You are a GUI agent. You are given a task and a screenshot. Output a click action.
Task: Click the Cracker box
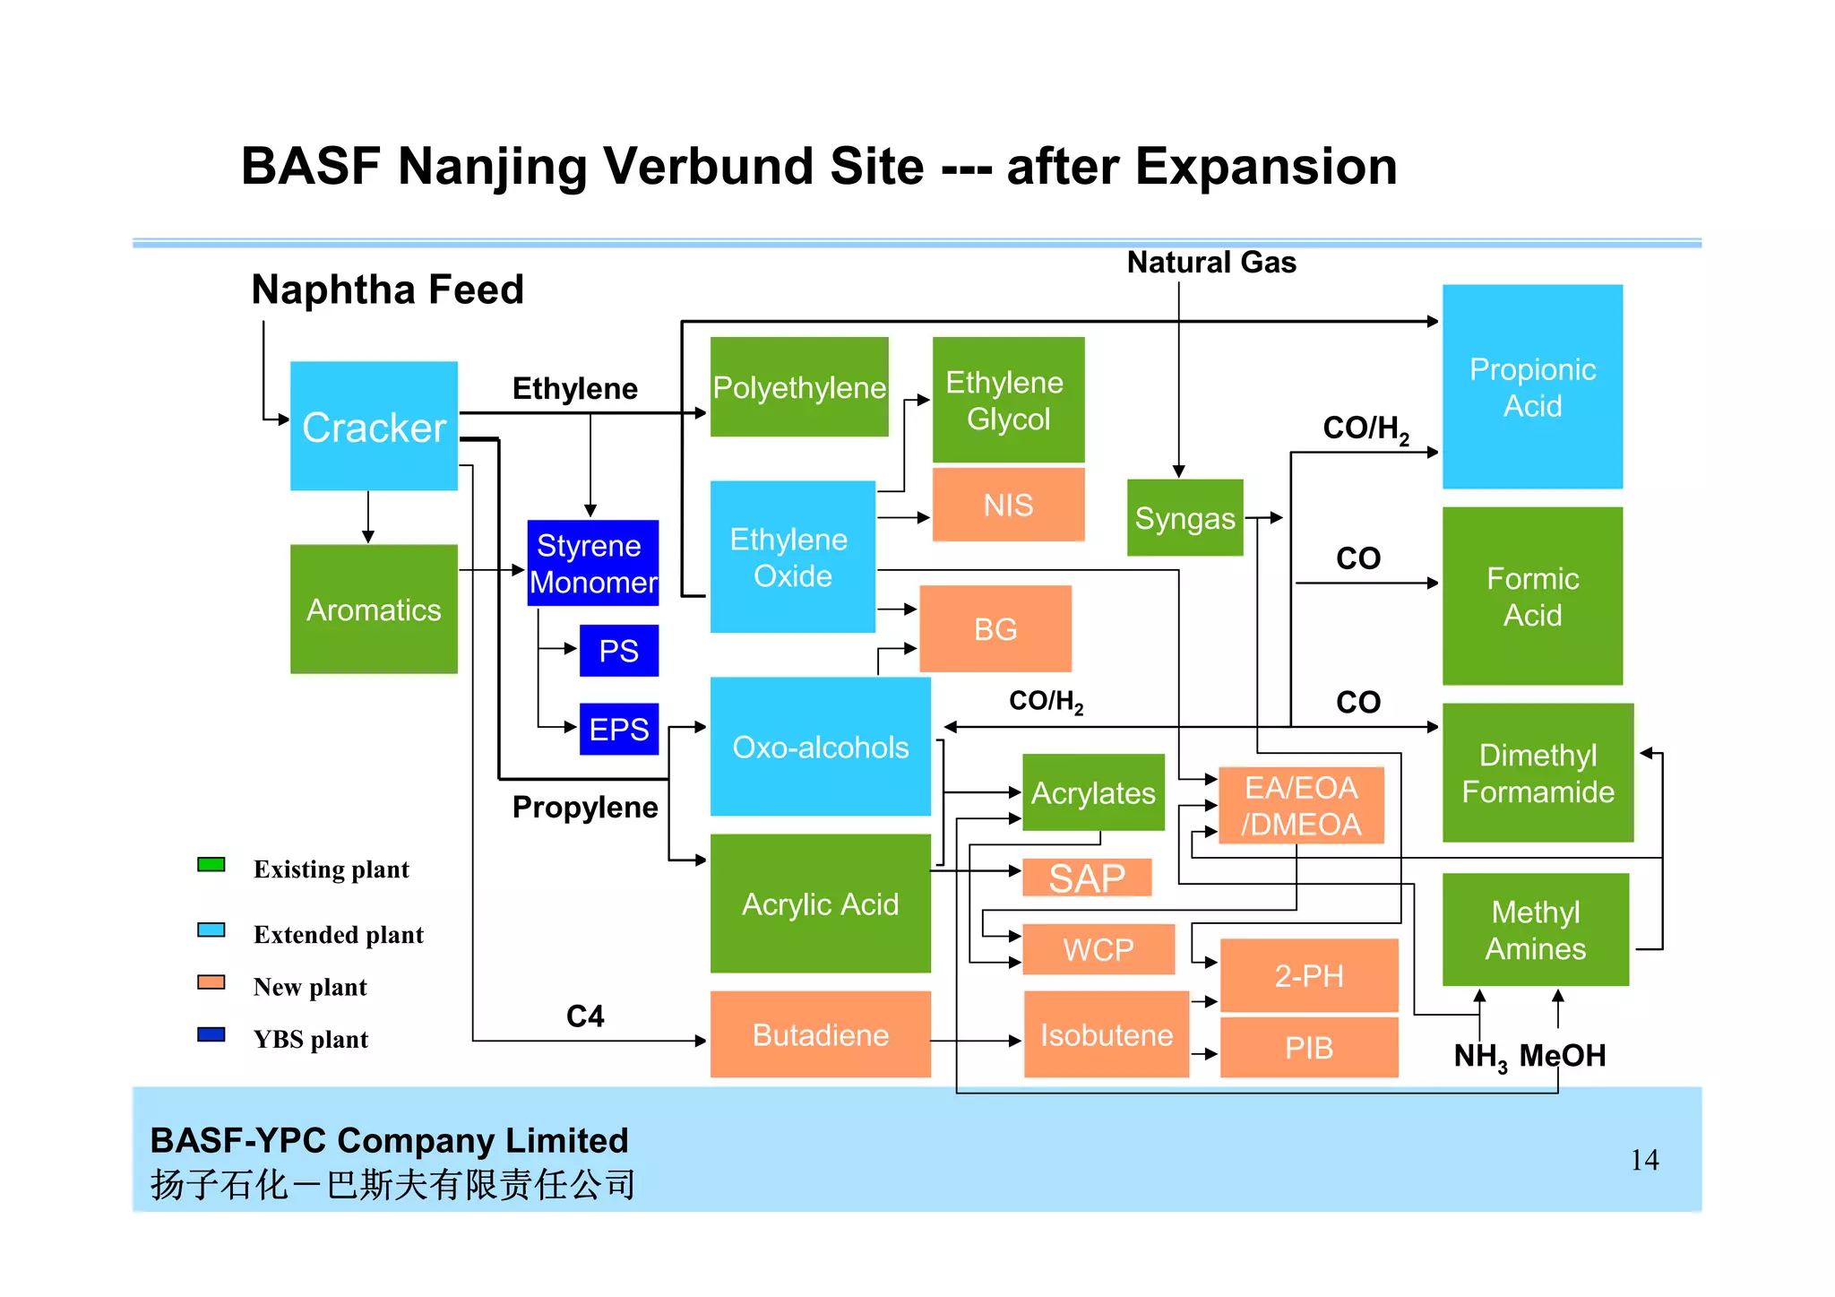point(374,426)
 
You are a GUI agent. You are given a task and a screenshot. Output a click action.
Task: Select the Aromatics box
point(374,609)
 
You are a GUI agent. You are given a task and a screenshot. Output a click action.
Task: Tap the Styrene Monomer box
point(592,563)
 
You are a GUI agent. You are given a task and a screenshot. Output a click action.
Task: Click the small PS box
point(618,650)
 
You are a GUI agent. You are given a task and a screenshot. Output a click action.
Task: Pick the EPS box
point(618,728)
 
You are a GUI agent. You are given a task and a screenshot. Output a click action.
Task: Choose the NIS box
point(1008,505)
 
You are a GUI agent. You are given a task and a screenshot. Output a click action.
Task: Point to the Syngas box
point(1185,517)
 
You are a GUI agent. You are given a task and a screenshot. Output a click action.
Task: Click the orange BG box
point(995,628)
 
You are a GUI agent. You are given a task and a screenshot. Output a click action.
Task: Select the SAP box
point(1087,878)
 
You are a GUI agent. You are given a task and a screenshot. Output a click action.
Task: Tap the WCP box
point(1098,948)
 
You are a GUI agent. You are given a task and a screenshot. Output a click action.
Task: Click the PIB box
point(1309,1047)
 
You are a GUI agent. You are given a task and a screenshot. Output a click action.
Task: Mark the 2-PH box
point(1309,975)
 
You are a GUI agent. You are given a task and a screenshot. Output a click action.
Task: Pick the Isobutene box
point(1107,1034)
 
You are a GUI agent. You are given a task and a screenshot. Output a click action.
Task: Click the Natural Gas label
point(1211,262)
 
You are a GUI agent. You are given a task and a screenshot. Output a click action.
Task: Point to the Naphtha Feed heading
point(387,290)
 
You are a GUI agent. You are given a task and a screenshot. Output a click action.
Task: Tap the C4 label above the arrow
point(585,1016)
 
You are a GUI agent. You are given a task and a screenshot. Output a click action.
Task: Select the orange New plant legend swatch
point(211,982)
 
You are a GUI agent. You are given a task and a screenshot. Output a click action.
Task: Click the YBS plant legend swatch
point(211,1034)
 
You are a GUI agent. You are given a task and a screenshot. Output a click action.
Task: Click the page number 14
point(1644,1160)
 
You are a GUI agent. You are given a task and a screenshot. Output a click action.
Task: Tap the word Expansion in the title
point(1266,167)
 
